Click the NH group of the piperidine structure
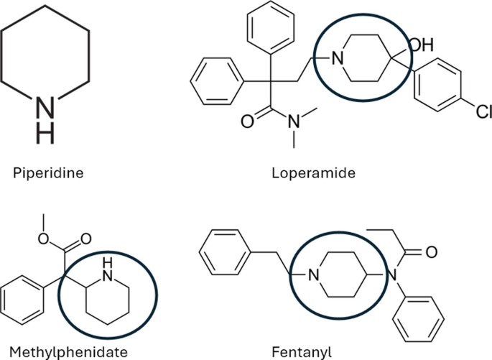coord(45,116)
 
